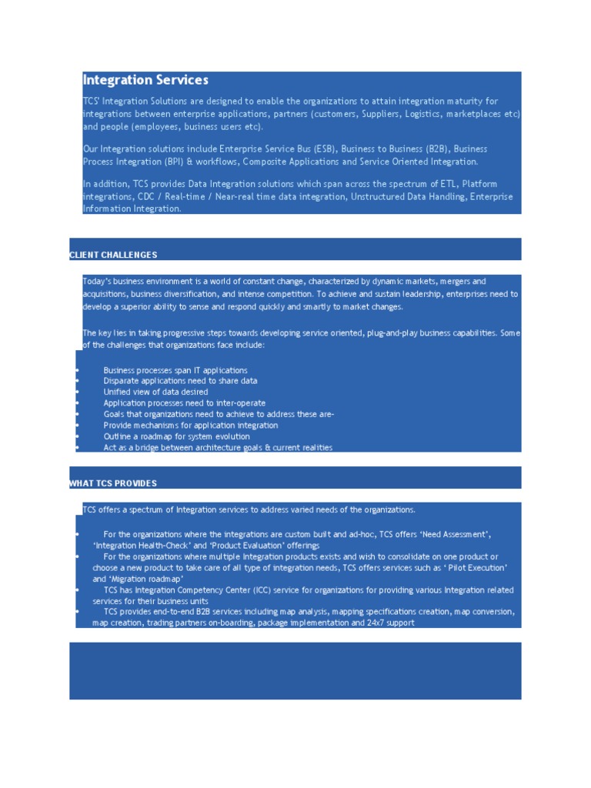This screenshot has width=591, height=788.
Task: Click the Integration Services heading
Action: (x=145, y=80)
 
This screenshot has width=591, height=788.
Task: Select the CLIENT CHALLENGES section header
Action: (x=113, y=255)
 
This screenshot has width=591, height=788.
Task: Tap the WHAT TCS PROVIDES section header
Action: (x=113, y=483)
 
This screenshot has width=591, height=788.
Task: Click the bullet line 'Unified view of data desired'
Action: (x=155, y=392)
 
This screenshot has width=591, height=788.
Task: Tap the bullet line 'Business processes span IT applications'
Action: (x=175, y=370)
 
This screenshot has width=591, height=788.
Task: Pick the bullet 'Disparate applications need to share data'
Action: (x=180, y=381)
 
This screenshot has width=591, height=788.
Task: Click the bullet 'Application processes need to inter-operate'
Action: (x=185, y=403)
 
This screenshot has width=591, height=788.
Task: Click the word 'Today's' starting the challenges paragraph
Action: (x=97, y=282)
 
